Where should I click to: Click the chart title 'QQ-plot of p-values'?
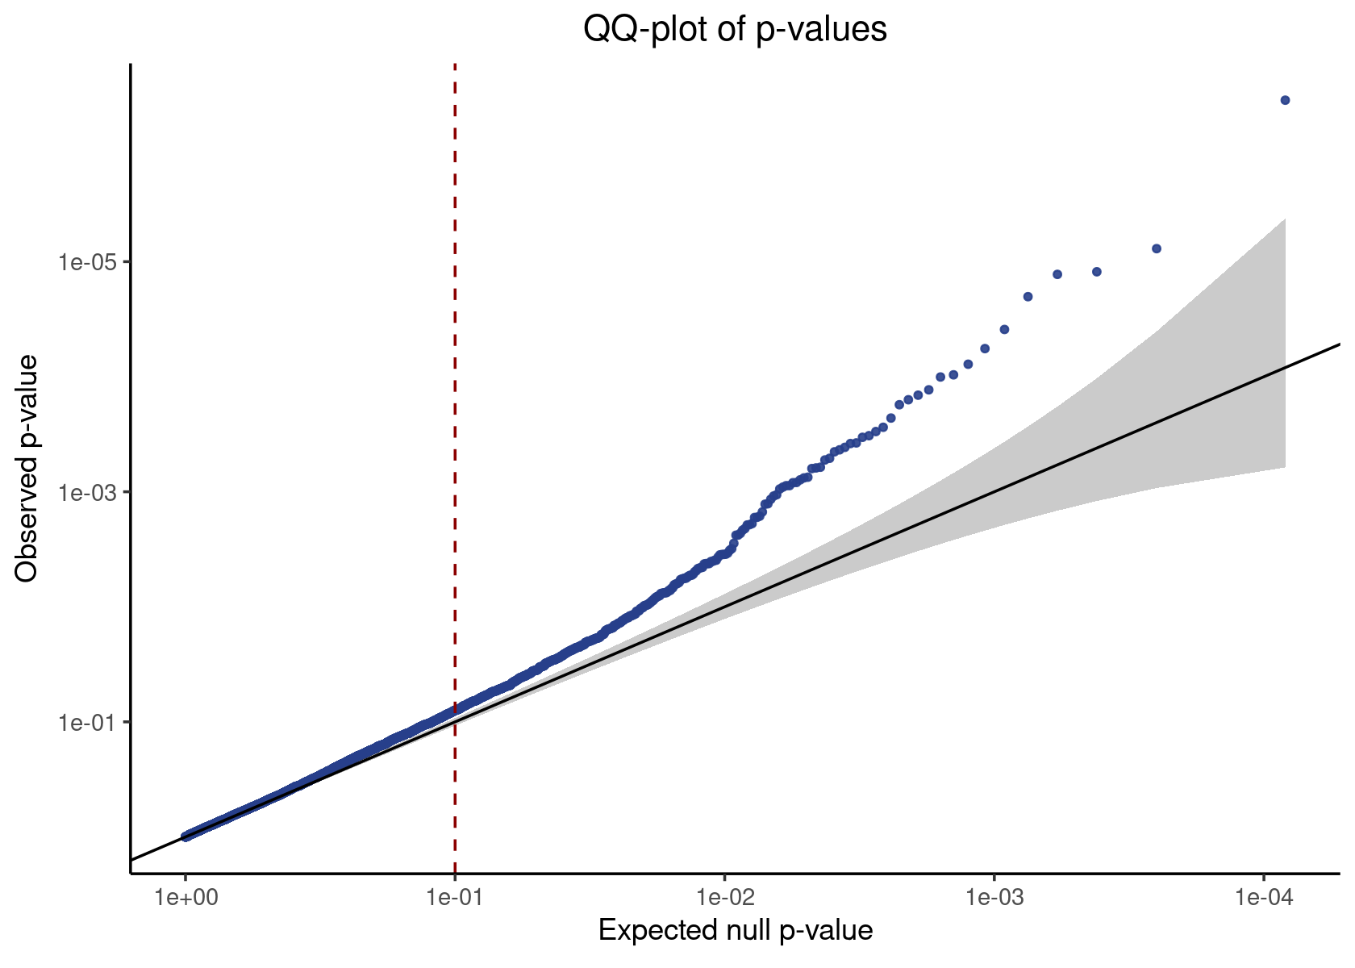point(735,30)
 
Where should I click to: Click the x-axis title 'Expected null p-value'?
point(735,931)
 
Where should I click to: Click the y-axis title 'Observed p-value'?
point(27,468)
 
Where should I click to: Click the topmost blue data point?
point(1285,100)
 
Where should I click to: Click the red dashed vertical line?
point(455,403)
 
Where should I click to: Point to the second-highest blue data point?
point(1157,248)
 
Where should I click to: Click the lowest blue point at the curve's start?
point(186,837)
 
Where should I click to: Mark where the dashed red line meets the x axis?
point(455,872)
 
